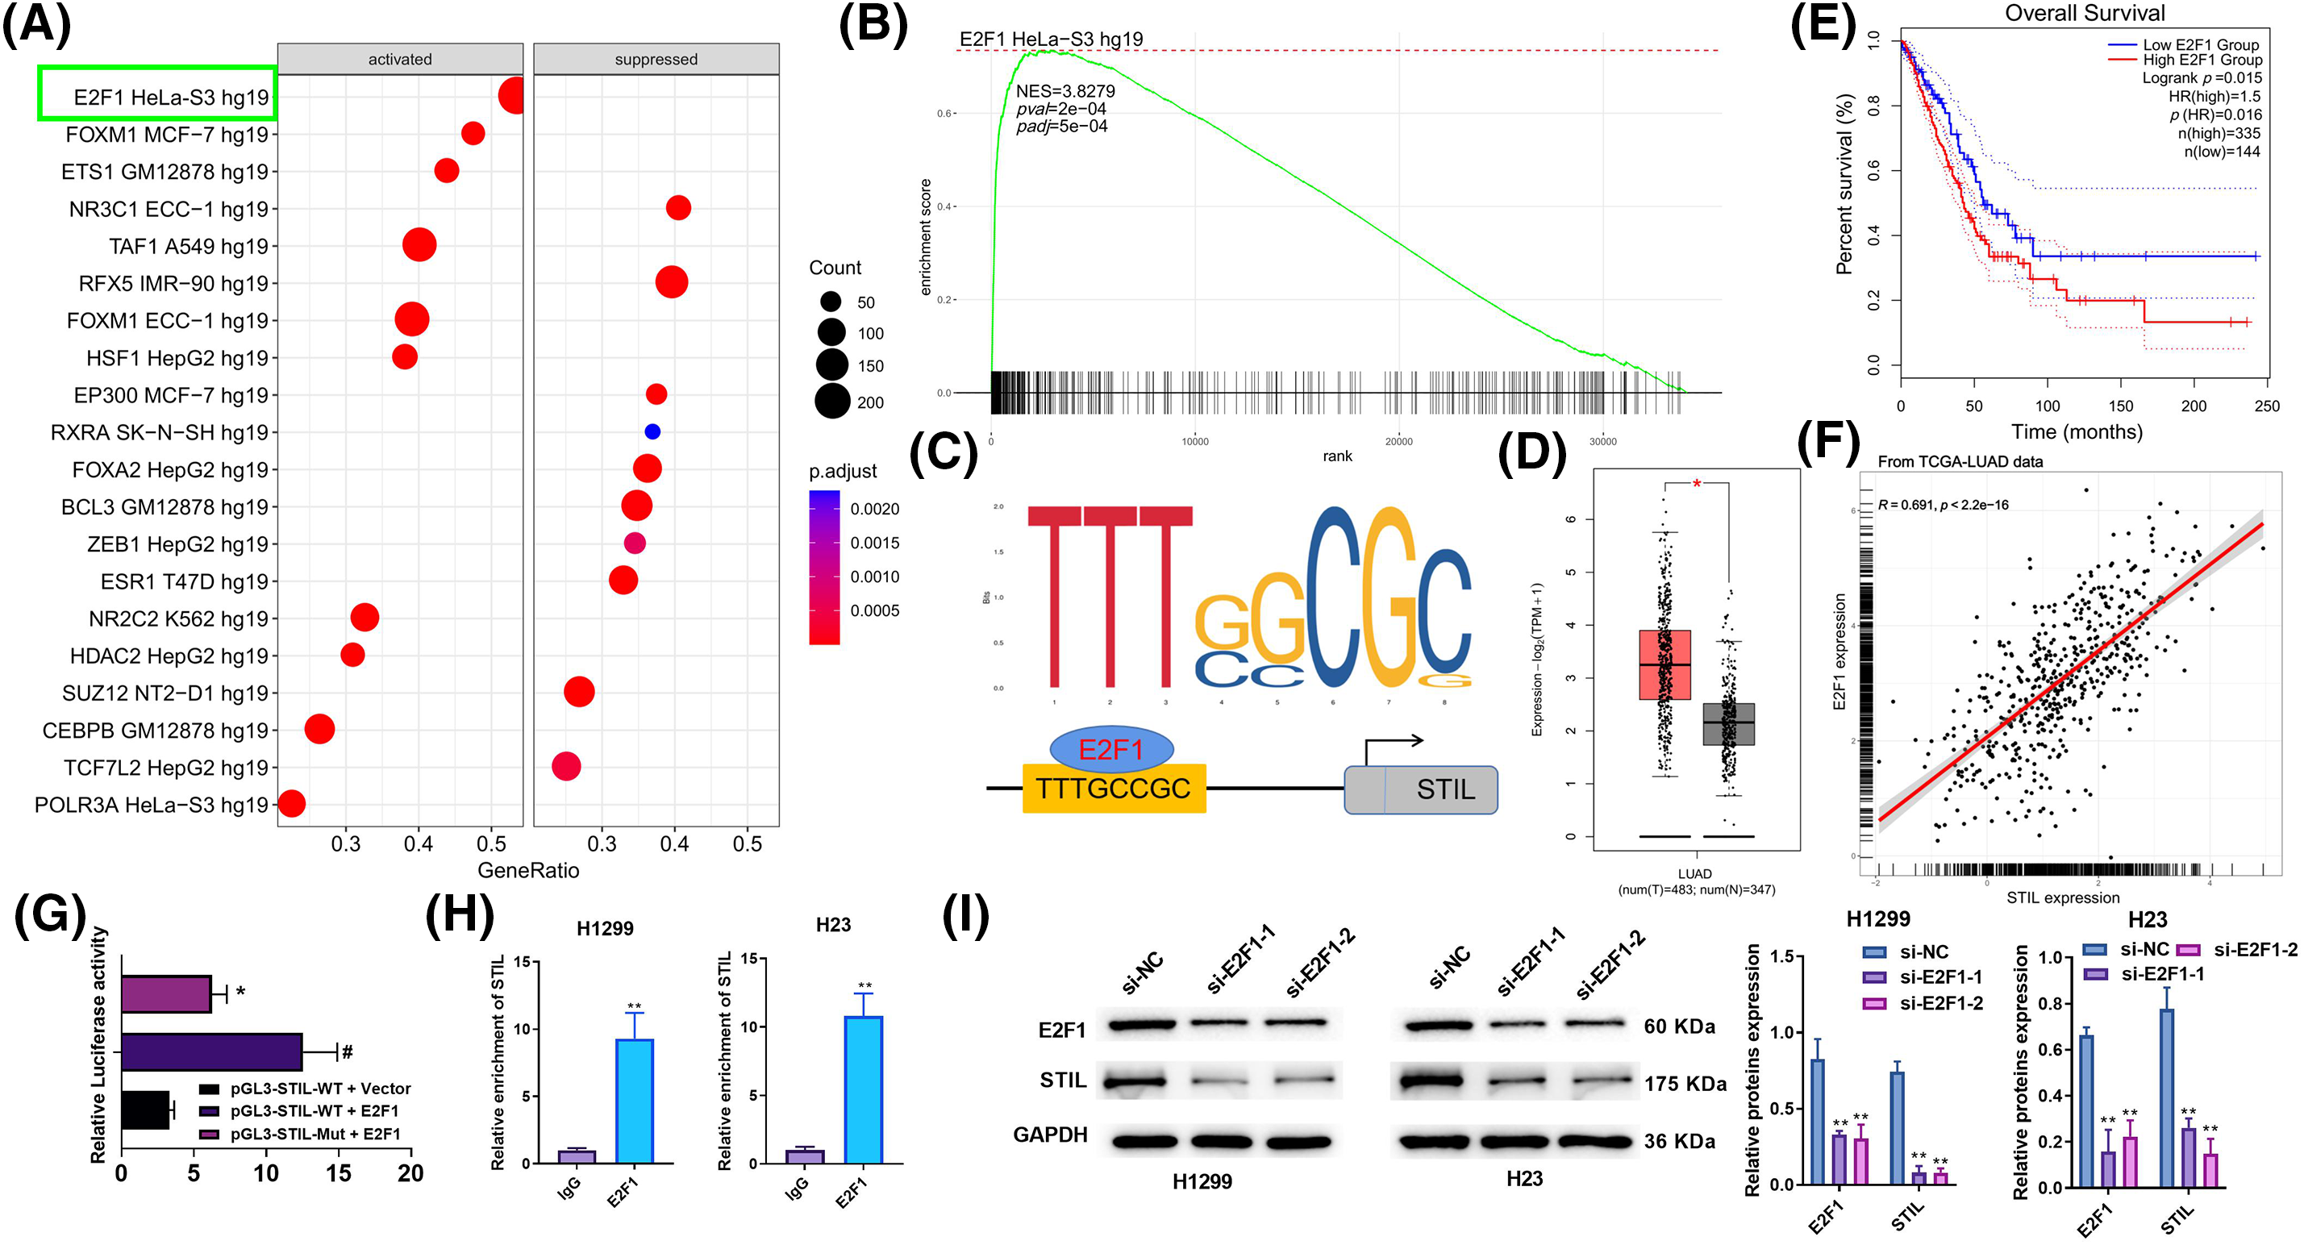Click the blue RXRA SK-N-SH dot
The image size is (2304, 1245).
(652, 431)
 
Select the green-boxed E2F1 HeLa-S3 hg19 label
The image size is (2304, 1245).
(157, 94)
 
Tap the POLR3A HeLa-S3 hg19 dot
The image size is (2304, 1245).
(292, 803)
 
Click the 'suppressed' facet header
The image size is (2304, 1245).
(656, 59)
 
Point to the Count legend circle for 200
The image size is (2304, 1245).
(831, 402)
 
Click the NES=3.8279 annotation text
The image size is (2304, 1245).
(1065, 91)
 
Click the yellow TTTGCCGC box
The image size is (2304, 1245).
(1114, 788)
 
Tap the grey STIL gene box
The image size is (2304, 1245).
(1420, 789)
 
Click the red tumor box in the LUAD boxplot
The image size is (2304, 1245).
(1664, 664)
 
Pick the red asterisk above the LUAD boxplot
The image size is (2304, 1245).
(1697, 485)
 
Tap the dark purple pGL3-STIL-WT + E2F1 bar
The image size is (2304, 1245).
(211, 1051)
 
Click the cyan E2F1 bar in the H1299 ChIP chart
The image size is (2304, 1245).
(634, 1101)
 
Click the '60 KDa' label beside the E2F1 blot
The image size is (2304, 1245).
(1679, 1026)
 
